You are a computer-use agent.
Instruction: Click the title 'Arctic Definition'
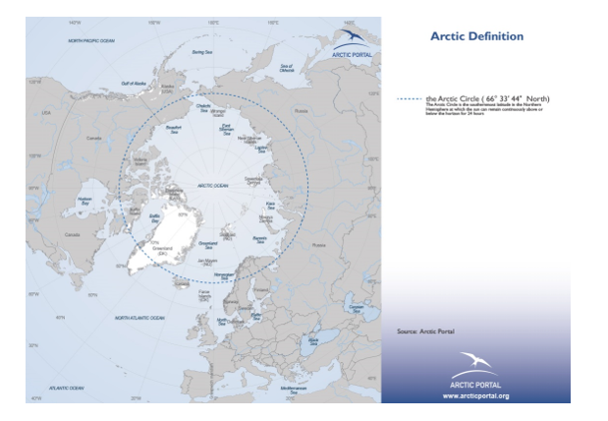476,36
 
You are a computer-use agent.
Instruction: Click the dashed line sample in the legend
409,99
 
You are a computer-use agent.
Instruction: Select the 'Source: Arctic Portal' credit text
425,331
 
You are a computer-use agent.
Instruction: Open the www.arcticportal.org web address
475,394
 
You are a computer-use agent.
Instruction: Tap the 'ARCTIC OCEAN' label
216,184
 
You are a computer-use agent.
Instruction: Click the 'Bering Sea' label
202,51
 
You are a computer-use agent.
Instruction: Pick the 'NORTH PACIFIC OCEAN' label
92,41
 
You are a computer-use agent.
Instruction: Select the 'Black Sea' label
313,340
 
